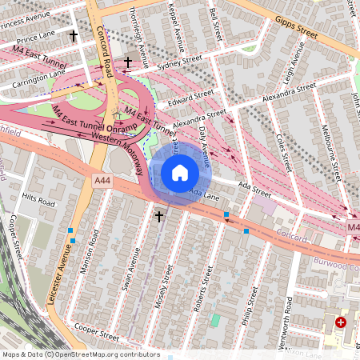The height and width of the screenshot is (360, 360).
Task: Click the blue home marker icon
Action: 180,173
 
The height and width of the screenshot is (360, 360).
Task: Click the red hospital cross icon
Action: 341,322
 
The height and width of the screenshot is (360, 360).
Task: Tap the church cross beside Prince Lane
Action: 74,36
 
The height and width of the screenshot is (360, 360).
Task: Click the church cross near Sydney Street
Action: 127,62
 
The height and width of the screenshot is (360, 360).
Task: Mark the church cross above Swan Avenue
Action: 158,216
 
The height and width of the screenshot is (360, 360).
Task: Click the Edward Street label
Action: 186,98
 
